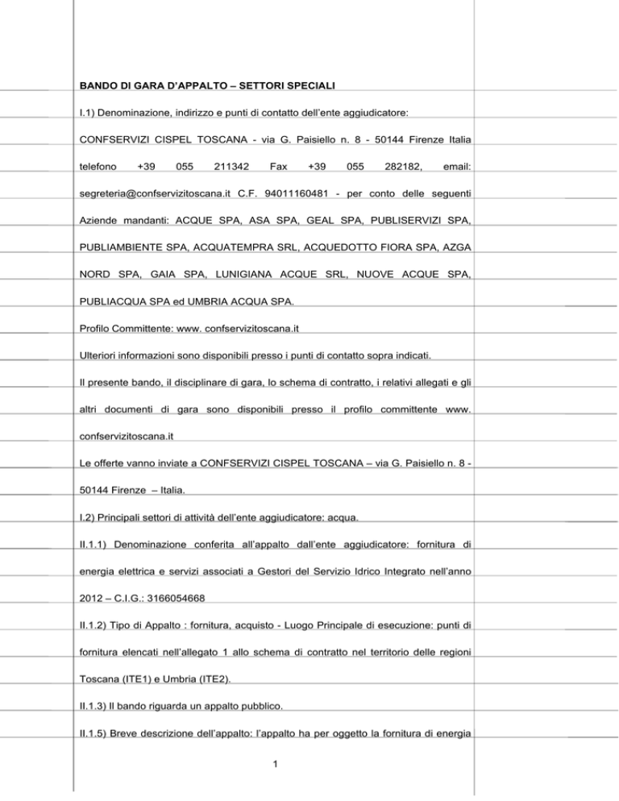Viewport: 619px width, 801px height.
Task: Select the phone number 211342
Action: (231, 168)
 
